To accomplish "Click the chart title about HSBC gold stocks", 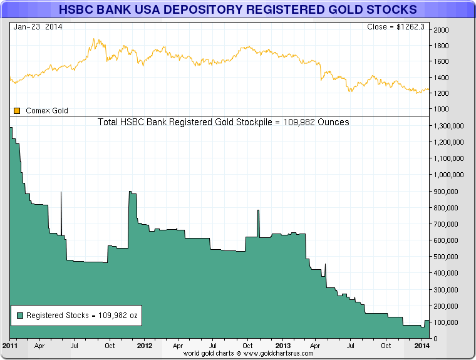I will [x=237, y=10].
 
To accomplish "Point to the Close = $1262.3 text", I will [x=396, y=27].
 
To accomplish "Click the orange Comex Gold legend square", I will [x=17, y=111].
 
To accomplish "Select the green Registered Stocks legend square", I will [x=20, y=316].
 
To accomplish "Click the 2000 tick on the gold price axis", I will [x=441, y=30].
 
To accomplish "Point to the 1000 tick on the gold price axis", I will [x=441, y=109].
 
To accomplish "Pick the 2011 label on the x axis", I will [x=10, y=345].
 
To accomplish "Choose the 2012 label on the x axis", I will [x=145, y=345].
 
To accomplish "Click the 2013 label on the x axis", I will [x=283, y=345].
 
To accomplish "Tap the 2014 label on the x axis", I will [x=422, y=345].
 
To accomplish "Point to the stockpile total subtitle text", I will [x=224, y=122].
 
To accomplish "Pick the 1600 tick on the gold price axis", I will [x=441, y=61].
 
